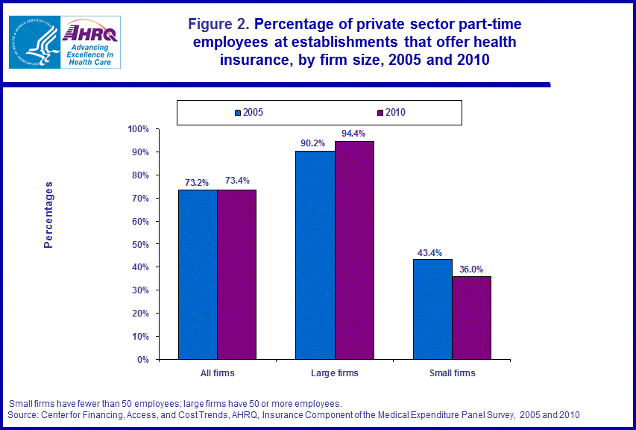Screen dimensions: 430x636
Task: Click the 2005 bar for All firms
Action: pyautogui.click(x=198, y=274)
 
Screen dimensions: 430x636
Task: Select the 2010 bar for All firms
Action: pyautogui.click(x=236, y=274)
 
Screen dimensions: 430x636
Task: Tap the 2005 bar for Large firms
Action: pyautogui.click(x=315, y=255)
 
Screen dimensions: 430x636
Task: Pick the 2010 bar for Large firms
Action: pyautogui.click(x=354, y=250)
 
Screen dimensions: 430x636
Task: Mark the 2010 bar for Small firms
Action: pyautogui.click(x=471, y=317)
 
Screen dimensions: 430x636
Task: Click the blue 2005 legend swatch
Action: pyautogui.click(x=237, y=113)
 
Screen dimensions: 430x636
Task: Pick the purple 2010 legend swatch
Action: pyautogui.click(x=380, y=113)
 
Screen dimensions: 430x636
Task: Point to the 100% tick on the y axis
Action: pyautogui.click(x=139, y=129)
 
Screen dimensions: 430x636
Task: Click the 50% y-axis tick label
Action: pyautogui.click(x=141, y=244)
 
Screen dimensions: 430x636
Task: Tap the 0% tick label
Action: pyautogui.click(x=144, y=359)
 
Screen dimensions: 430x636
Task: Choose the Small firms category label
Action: pyautogui.click(x=453, y=373)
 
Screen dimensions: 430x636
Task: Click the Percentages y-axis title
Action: pyautogui.click(x=48, y=214)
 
